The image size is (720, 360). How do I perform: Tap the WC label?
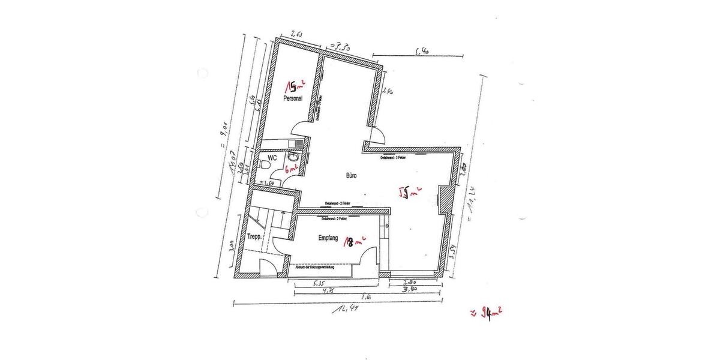[x=272, y=158]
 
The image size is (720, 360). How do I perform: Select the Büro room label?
[x=352, y=176]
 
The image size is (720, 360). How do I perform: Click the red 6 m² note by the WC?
[x=291, y=170]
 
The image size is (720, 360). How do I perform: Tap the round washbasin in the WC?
[x=293, y=157]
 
